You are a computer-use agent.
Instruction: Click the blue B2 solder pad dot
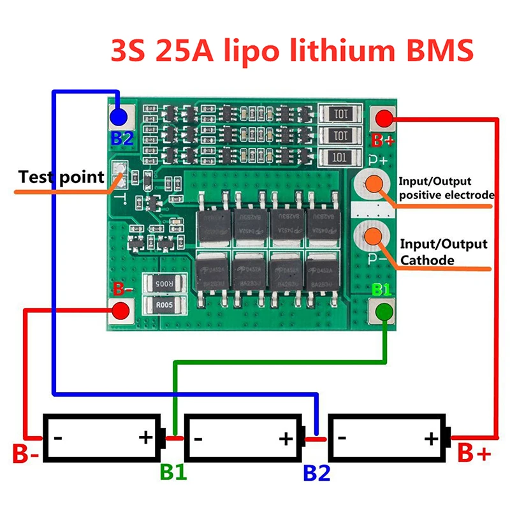[118, 117]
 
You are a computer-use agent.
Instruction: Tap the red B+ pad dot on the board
[383, 119]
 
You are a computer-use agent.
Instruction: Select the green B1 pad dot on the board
[383, 312]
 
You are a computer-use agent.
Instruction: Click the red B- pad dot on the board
[119, 311]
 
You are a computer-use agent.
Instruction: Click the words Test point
[61, 177]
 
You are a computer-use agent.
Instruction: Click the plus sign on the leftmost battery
[146, 438]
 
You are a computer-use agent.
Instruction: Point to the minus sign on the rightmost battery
[342, 438]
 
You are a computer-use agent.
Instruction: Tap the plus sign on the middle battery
[286, 438]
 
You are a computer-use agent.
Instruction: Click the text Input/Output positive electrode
[444, 188]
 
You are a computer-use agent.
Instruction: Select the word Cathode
[427, 260]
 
